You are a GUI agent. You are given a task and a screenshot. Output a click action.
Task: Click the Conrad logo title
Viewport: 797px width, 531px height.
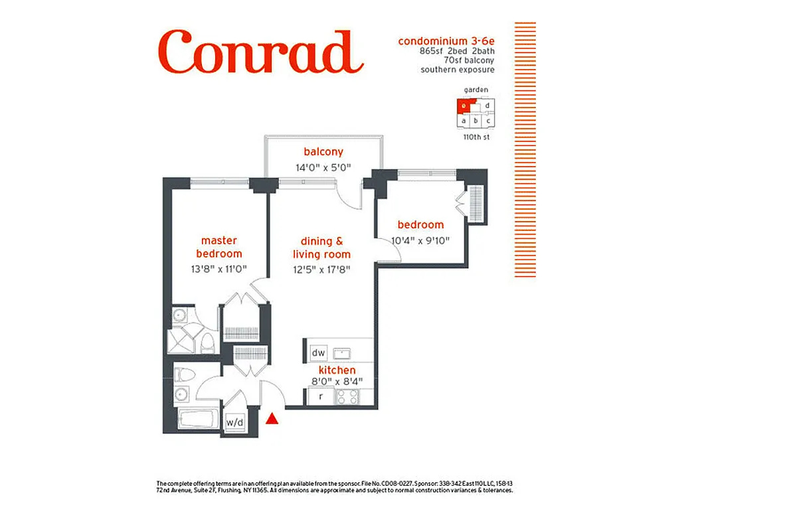260,52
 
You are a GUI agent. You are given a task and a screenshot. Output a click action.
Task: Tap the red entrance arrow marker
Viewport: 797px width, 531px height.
272,419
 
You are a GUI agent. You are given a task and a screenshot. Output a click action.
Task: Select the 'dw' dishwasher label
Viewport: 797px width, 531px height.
319,352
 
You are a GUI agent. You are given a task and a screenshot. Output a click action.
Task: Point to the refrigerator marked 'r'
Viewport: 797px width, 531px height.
321,397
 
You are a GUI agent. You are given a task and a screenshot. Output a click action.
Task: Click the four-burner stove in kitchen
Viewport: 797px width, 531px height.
348,397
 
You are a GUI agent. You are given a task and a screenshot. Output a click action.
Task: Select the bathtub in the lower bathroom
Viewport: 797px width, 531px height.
197,420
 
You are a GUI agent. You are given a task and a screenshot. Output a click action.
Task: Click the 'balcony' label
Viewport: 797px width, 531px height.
323,152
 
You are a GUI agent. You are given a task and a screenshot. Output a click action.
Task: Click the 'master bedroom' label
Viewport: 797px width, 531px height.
219,247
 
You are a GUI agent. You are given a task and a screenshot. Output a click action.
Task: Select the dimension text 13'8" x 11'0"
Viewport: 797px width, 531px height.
219,269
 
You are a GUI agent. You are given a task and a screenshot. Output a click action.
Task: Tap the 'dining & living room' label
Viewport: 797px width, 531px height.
321,248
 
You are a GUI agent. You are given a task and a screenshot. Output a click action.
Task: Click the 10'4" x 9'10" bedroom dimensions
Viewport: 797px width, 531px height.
420,240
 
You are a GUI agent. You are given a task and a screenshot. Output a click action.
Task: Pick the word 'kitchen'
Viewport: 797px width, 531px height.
337,370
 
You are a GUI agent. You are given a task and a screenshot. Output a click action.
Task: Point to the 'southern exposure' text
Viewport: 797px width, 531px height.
458,69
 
